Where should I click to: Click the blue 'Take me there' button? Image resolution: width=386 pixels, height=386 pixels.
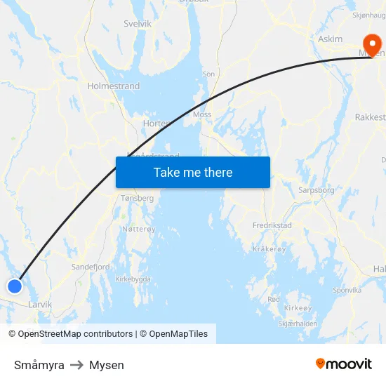click(193, 172)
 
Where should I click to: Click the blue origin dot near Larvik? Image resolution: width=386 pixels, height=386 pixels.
click(14, 286)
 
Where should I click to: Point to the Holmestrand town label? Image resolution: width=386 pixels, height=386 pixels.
click(114, 86)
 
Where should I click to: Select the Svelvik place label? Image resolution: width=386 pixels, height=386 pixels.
click(138, 23)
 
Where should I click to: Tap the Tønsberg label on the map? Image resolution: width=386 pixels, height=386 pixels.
click(137, 199)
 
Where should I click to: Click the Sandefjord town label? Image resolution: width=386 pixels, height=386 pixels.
click(91, 267)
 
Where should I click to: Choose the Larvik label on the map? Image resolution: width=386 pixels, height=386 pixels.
click(40, 305)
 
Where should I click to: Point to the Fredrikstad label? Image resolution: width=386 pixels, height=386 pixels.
click(272, 226)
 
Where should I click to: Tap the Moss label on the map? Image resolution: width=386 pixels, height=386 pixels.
click(202, 114)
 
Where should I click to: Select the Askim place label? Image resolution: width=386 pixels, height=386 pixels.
click(331, 39)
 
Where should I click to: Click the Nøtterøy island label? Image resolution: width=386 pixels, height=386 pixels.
click(138, 229)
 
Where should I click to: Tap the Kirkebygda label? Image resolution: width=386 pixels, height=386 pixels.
click(133, 279)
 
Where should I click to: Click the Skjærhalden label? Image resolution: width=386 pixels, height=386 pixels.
click(298, 324)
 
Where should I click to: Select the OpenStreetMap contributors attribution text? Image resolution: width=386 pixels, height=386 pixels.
click(75, 334)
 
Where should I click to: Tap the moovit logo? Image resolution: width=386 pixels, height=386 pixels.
click(344, 364)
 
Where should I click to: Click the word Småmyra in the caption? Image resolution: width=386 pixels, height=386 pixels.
click(39, 365)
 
